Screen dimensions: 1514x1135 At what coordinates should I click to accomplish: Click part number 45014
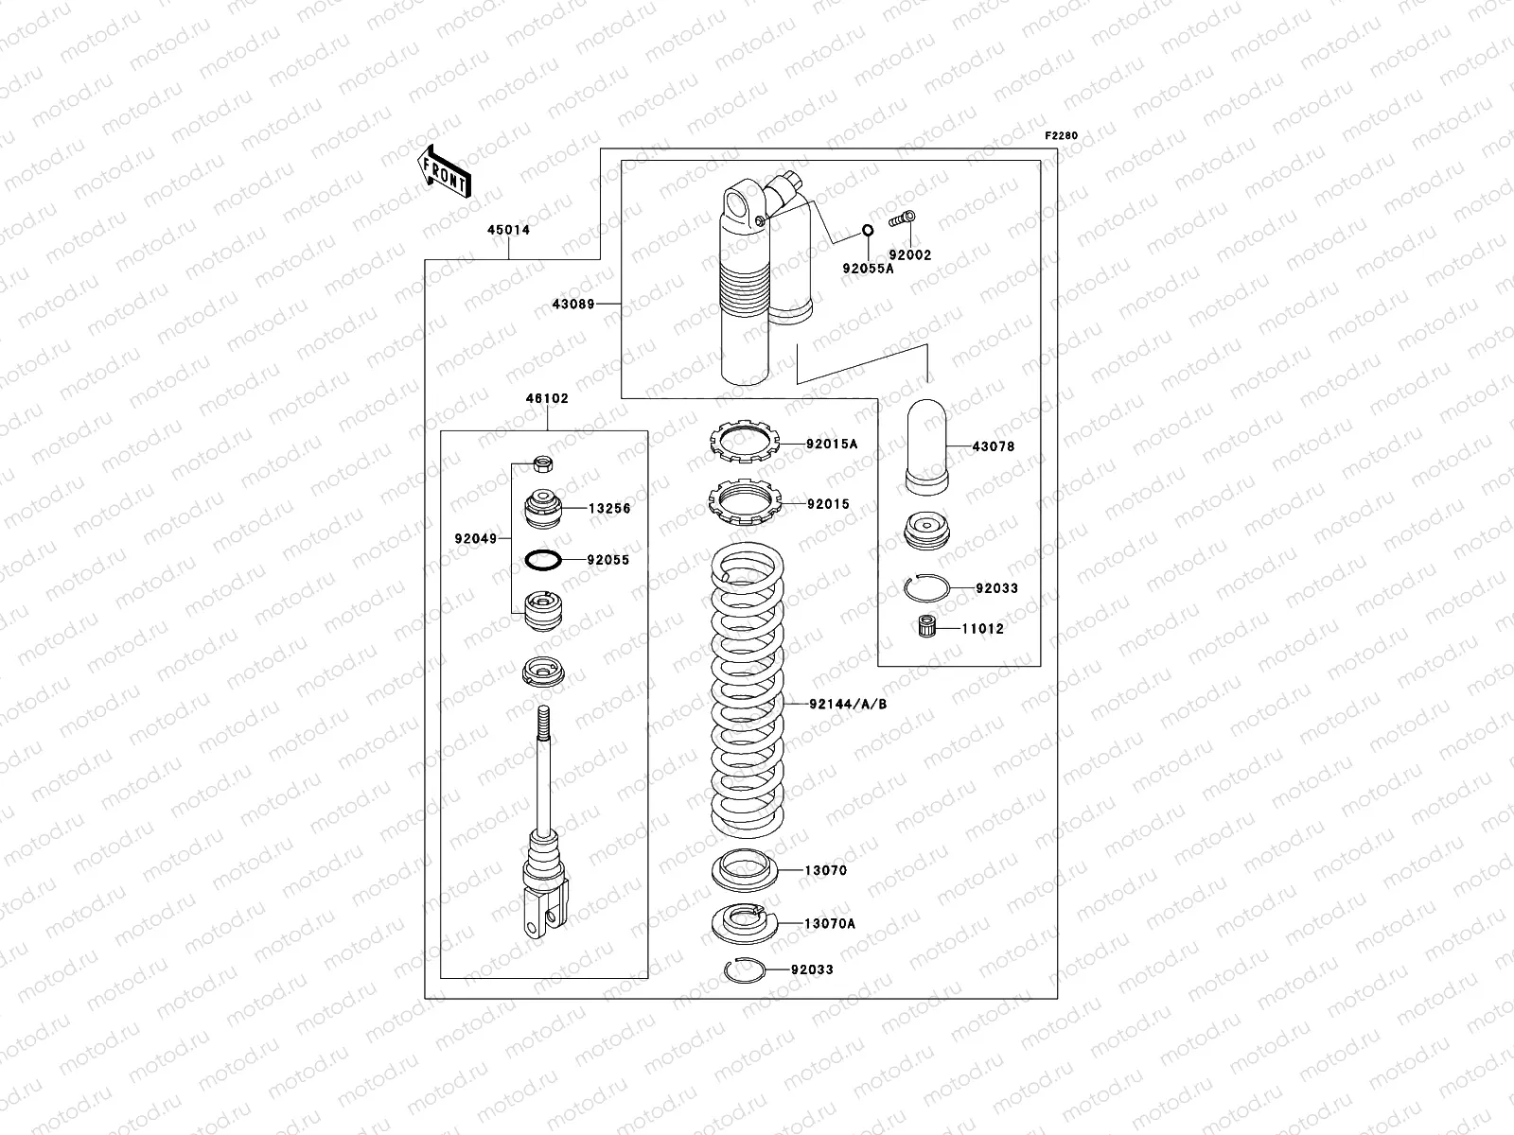[x=508, y=230]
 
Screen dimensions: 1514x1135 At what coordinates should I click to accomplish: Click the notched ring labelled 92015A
[x=744, y=443]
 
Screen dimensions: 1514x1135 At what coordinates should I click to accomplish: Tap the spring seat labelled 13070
[x=745, y=869]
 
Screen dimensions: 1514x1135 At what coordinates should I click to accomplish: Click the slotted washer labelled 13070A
[x=744, y=923]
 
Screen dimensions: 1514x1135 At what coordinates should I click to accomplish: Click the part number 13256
[x=608, y=509]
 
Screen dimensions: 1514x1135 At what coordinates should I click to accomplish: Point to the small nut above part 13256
[x=543, y=463]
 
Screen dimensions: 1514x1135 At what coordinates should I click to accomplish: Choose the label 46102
[x=547, y=398]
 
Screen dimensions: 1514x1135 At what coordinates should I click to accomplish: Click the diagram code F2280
[x=1061, y=136]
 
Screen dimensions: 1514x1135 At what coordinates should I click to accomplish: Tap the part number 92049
[x=475, y=539]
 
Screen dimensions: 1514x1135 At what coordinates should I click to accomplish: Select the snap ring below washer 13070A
[x=742, y=970]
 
